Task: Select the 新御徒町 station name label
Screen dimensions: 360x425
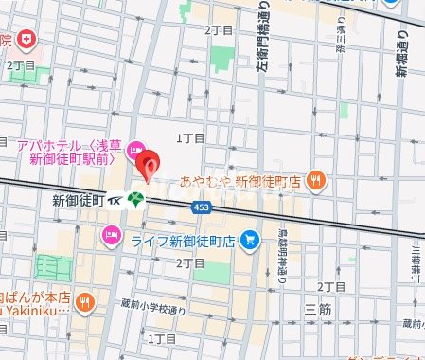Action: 76,201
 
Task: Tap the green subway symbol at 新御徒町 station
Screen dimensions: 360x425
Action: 137,200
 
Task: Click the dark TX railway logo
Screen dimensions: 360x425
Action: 115,201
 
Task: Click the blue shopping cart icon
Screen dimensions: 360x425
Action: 248,240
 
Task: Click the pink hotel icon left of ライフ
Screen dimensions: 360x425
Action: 113,234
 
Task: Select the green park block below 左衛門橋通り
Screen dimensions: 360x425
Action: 223,57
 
